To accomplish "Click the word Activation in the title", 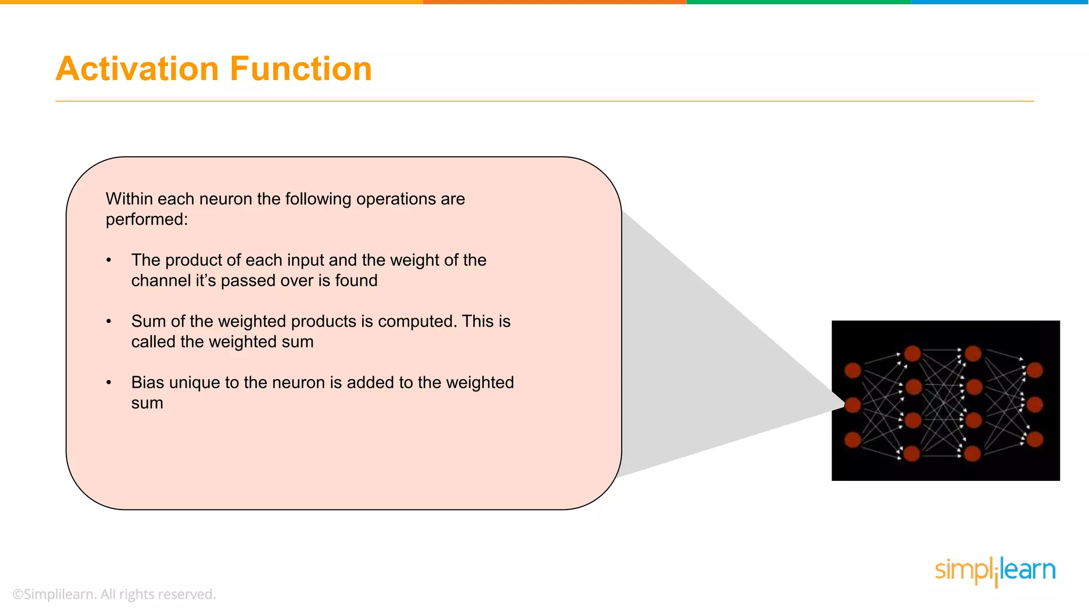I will coord(137,69).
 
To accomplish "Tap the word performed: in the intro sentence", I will coord(147,219).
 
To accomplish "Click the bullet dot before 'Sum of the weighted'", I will coord(109,321).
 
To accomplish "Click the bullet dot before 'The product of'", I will coord(109,260).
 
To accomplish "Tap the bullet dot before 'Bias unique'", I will coord(109,382).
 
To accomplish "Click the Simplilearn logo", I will coord(995,571).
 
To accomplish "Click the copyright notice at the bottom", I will coord(114,594).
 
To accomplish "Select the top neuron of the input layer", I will coord(853,370).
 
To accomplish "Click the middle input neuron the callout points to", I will coord(853,405).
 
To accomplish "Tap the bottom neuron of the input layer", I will coord(853,439).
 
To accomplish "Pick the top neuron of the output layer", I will coord(1035,370).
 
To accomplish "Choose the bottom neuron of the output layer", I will coord(1035,439).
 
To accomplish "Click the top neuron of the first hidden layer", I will coord(912,353).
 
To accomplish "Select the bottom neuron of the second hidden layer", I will coord(972,454).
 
